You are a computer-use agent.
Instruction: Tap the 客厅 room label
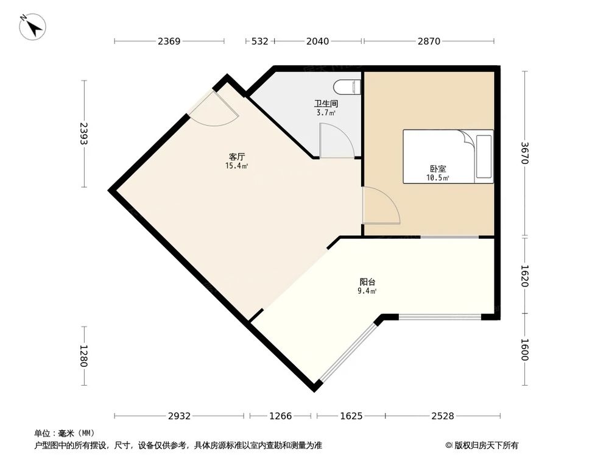click(x=236, y=157)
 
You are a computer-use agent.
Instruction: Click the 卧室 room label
click(x=437, y=169)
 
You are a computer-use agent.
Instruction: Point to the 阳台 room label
click(x=367, y=282)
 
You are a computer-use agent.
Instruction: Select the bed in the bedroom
click(x=448, y=156)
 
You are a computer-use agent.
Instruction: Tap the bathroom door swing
click(x=336, y=141)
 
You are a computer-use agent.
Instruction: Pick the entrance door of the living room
click(x=213, y=110)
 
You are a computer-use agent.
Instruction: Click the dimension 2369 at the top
click(x=169, y=41)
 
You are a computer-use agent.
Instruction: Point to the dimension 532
click(x=259, y=41)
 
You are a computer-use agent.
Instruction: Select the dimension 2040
click(x=317, y=41)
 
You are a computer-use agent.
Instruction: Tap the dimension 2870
click(x=429, y=41)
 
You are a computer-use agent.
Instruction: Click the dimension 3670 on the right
click(x=526, y=154)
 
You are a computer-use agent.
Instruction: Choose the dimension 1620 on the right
click(x=526, y=275)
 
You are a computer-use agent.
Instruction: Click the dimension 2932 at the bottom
click(x=180, y=416)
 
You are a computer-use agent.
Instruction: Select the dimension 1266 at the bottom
click(x=281, y=416)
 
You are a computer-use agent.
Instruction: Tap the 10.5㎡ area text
click(x=437, y=178)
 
